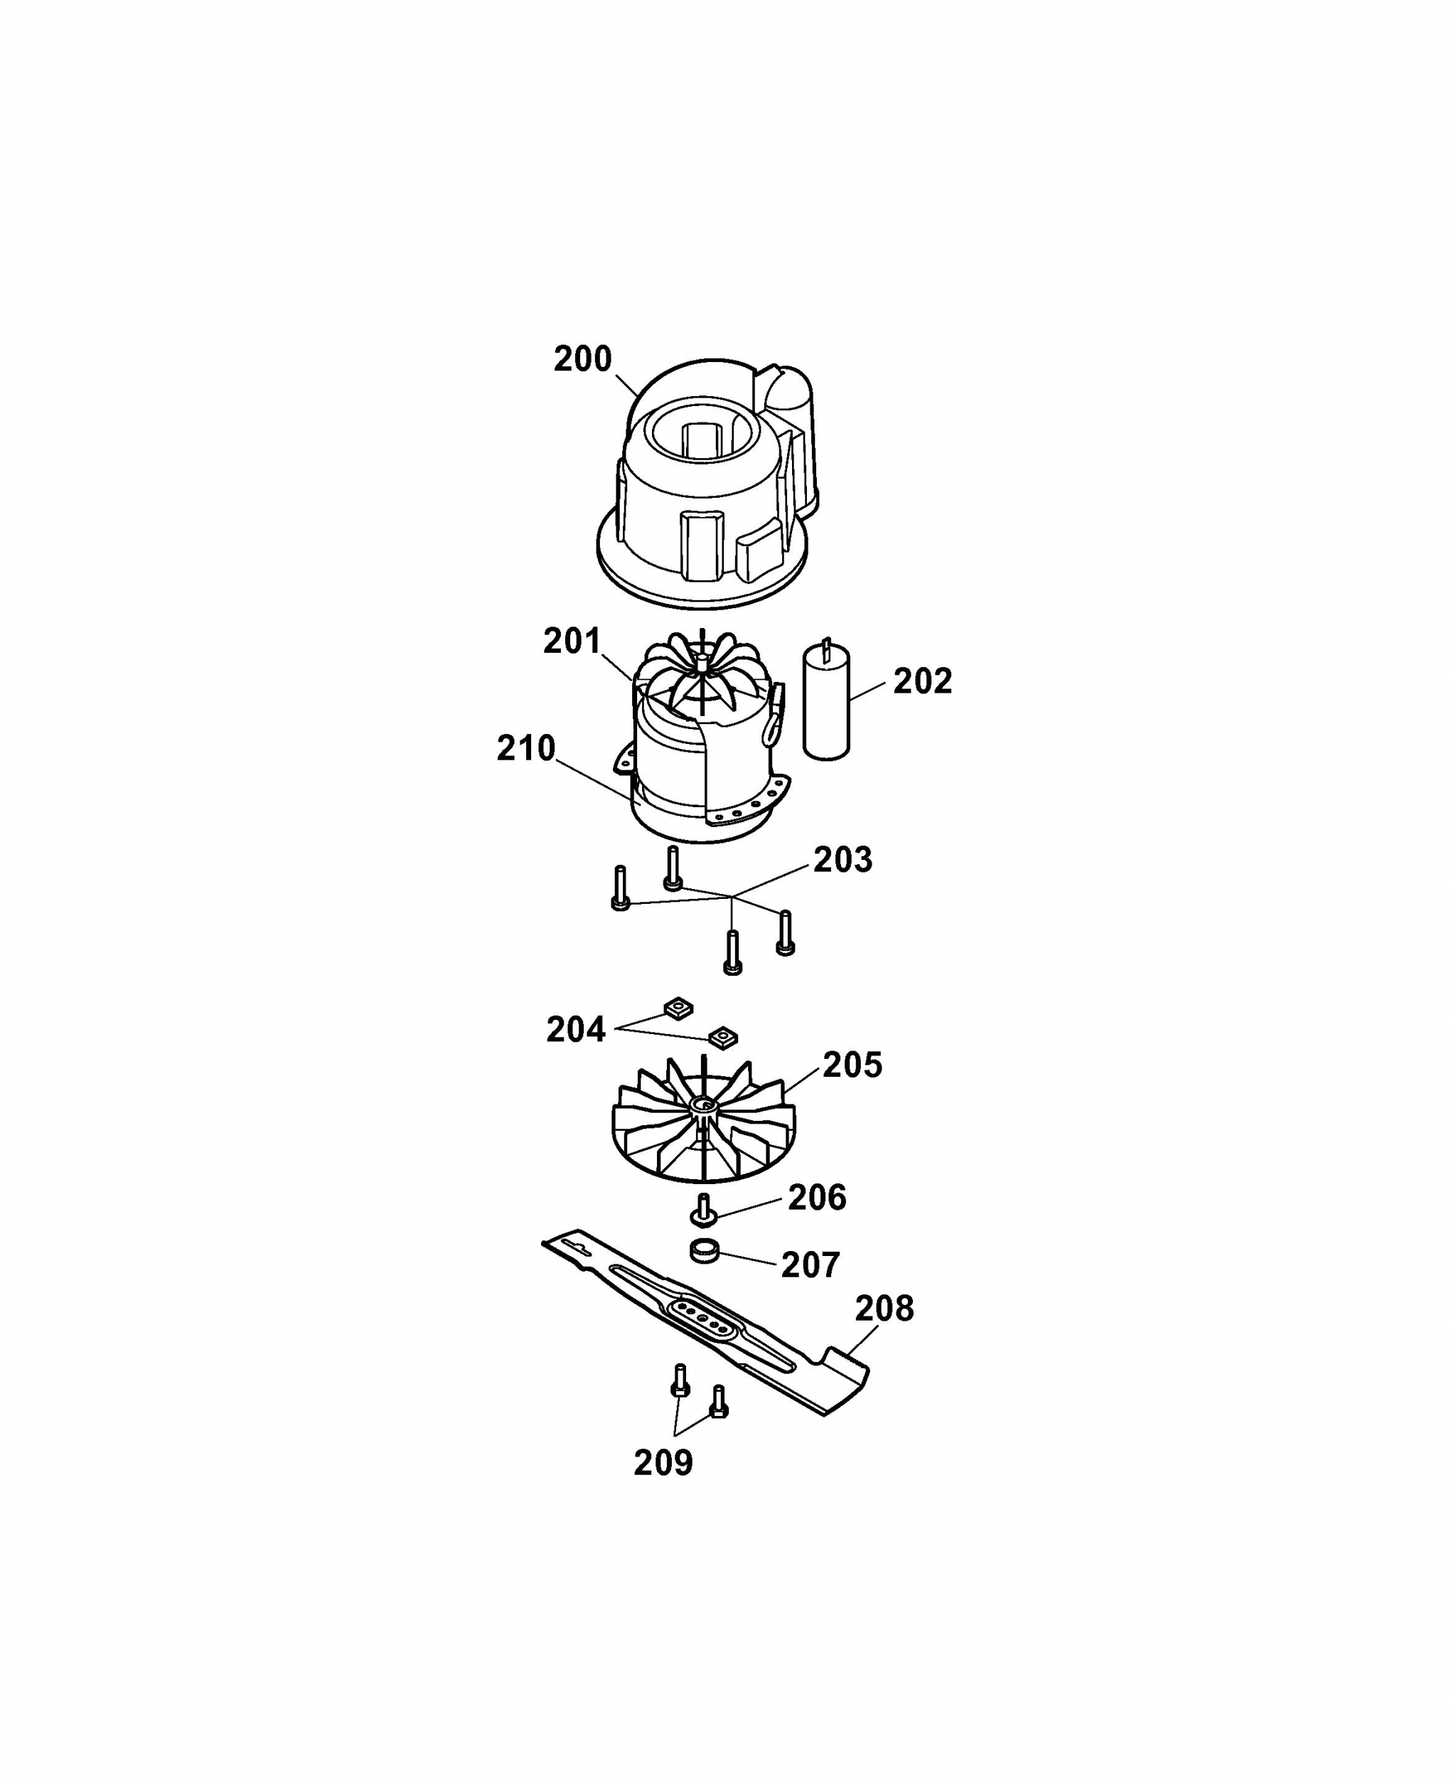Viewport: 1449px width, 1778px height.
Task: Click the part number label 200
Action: click(x=582, y=359)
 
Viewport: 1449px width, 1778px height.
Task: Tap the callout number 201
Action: click(x=572, y=641)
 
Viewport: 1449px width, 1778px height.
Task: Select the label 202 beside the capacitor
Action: click(x=922, y=681)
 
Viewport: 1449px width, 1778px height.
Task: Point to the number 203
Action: click(x=843, y=860)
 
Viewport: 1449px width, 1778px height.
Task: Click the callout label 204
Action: click(x=576, y=1030)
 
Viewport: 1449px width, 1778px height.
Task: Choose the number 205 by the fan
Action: click(x=852, y=1065)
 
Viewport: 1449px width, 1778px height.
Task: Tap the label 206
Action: click(x=817, y=1198)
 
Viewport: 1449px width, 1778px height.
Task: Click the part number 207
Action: click(x=811, y=1265)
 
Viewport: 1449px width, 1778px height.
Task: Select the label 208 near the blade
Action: click(x=884, y=1309)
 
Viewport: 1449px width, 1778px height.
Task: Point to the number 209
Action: click(x=663, y=1462)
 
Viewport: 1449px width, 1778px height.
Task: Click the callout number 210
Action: click(x=526, y=749)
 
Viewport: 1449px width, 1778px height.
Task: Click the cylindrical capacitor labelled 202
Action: click(x=826, y=701)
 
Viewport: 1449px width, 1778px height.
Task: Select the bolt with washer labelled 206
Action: click(x=705, y=1210)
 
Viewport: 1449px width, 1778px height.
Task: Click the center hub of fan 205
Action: click(x=704, y=1108)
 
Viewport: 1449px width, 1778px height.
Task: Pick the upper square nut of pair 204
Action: click(x=678, y=1008)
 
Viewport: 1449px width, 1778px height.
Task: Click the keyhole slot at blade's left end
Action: click(x=577, y=1245)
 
